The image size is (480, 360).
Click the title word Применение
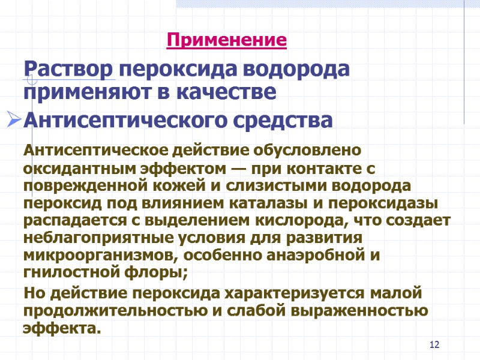coord(227,41)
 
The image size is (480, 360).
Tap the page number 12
coord(435,344)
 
